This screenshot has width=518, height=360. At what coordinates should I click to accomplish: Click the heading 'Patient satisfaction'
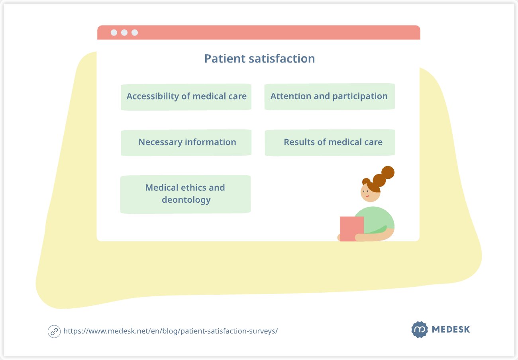pyautogui.click(x=259, y=59)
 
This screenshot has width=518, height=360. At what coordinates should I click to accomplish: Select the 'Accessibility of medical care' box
pyautogui.click(x=186, y=96)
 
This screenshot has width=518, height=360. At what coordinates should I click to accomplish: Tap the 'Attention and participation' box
pyautogui.click(x=329, y=96)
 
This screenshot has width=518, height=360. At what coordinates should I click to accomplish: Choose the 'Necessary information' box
pyautogui.click(x=186, y=142)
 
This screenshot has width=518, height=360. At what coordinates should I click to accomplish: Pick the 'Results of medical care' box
pyautogui.click(x=330, y=142)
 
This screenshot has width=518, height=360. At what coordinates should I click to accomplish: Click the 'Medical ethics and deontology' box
pyautogui.click(x=185, y=194)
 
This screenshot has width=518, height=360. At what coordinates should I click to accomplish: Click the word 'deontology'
pyautogui.click(x=186, y=200)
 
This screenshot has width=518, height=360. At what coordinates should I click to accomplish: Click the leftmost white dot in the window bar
pyautogui.click(x=114, y=33)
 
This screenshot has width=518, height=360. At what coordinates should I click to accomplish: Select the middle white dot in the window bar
pyautogui.click(x=124, y=33)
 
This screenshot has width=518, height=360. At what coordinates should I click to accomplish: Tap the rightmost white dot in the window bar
pyautogui.click(x=135, y=33)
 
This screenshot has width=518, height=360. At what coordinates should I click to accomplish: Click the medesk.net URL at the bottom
pyautogui.click(x=170, y=331)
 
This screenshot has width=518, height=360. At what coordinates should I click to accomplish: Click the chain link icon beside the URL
pyautogui.click(x=54, y=331)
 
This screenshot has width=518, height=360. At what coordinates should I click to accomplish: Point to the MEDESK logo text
pyautogui.click(x=451, y=330)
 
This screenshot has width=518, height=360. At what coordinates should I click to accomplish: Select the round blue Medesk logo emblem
pyautogui.click(x=420, y=330)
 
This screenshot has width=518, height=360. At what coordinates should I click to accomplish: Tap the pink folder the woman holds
pyautogui.click(x=351, y=229)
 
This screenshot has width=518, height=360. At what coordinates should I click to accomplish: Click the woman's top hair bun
pyautogui.click(x=387, y=172)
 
